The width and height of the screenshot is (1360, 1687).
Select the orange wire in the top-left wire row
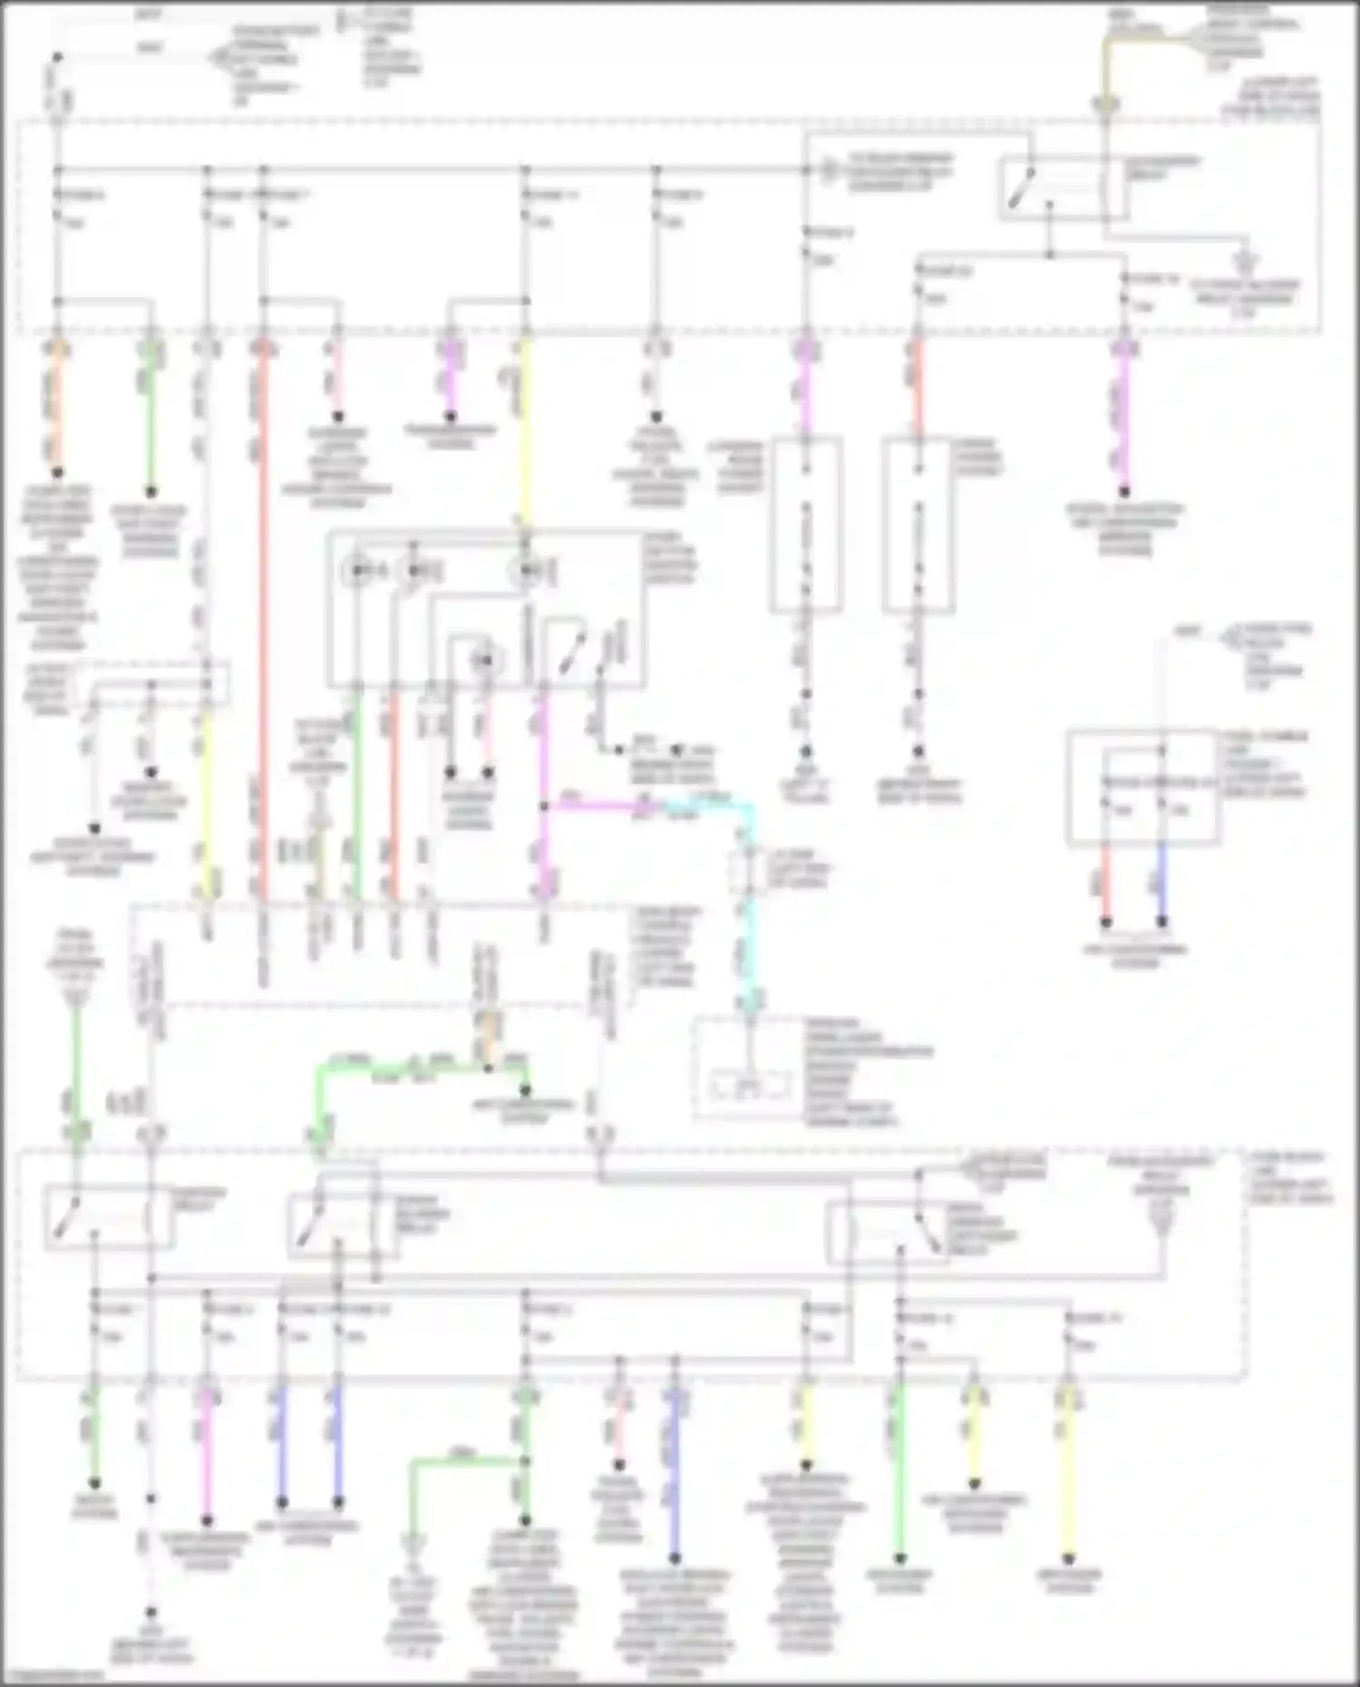point(56,408)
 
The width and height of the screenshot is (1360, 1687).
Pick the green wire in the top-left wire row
point(151,417)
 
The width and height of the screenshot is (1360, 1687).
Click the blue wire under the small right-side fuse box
point(1161,893)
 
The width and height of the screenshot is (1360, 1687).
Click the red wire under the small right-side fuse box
point(1105,893)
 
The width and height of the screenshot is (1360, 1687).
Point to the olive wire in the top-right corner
point(1105,68)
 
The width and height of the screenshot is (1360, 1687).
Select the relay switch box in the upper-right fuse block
point(1052,189)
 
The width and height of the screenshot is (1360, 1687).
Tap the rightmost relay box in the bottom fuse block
point(889,1233)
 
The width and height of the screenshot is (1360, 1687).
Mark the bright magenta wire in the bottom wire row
point(207,1450)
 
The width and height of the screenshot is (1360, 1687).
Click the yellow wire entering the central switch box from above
point(525,426)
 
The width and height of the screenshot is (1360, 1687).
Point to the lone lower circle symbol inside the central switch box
point(486,660)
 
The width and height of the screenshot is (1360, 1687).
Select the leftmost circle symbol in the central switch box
point(356,571)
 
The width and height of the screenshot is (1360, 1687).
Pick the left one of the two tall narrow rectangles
point(806,526)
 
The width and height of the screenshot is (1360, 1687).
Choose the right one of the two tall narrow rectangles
point(918,526)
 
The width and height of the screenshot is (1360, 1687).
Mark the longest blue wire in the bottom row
point(674,1469)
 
